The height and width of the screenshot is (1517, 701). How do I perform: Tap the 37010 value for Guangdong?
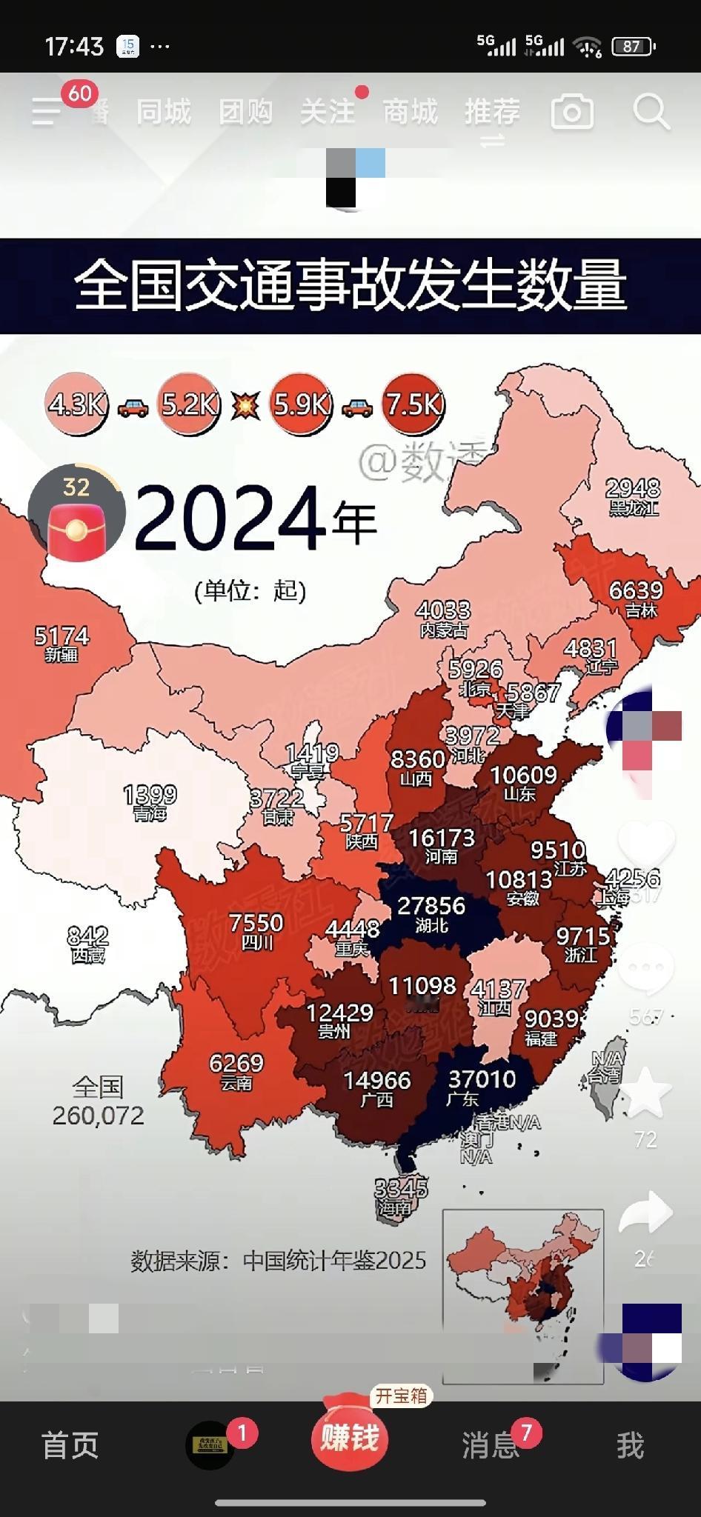[x=482, y=1078]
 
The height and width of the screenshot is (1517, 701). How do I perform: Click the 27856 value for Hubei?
[x=431, y=906]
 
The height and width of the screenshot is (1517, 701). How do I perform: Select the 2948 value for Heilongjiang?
[x=633, y=488]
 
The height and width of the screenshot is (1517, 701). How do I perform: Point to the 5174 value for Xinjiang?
[x=62, y=636]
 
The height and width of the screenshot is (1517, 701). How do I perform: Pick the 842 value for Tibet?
[x=87, y=936]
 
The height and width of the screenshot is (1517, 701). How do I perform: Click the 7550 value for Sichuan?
[x=256, y=923]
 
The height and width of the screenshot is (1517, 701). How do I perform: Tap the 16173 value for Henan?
[x=442, y=838]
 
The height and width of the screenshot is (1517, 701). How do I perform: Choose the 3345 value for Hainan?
[x=401, y=1188]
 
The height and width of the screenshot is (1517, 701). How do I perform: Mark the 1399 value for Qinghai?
[x=150, y=795]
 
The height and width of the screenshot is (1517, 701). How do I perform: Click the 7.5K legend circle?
[x=413, y=404]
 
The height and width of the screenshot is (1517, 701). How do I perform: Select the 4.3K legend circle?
[x=77, y=404]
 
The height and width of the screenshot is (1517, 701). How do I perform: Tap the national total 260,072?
[x=98, y=1115]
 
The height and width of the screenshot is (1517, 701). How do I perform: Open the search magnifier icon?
[x=651, y=113]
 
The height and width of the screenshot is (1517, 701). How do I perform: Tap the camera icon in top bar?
[x=572, y=113]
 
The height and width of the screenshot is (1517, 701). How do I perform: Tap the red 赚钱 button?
[x=350, y=1438]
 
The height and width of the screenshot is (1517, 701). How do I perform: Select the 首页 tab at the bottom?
[x=70, y=1445]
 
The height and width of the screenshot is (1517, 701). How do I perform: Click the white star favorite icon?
[x=645, y=1093]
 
